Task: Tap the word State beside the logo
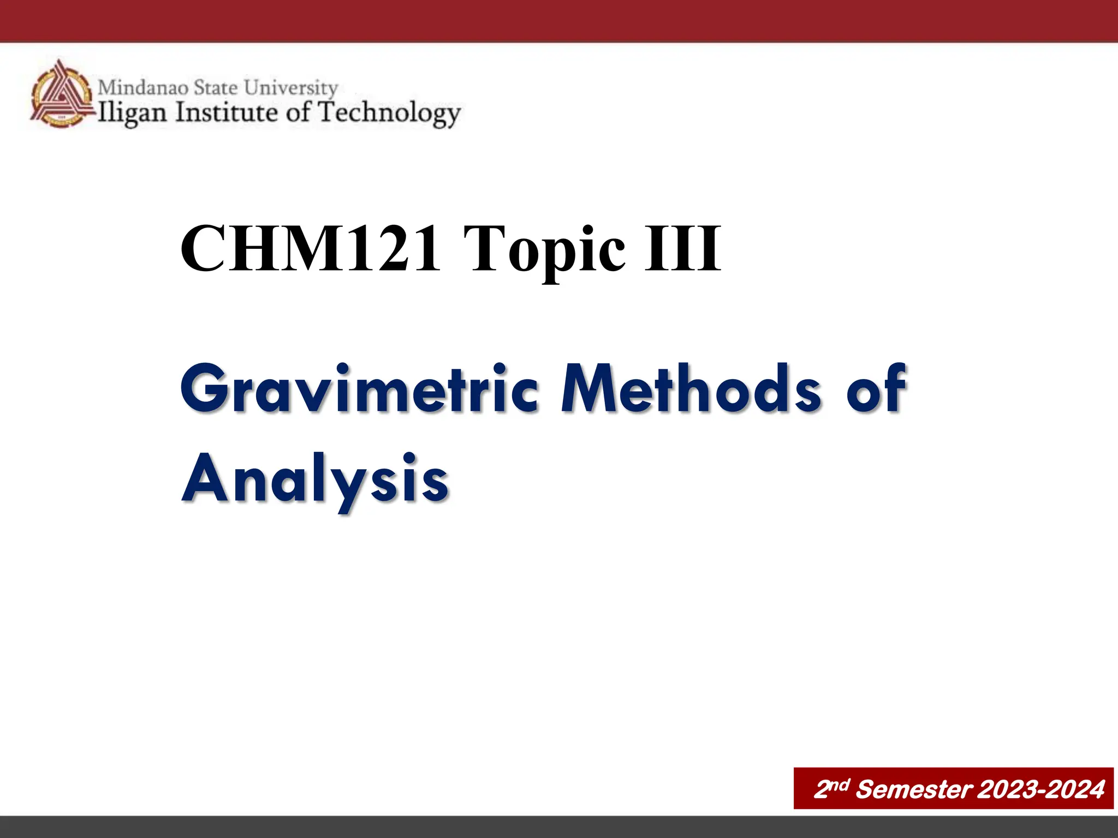[x=216, y=87]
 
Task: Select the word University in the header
[x=291, y=88]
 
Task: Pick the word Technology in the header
[x=389, y=113]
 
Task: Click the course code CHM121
[x=310, y=249]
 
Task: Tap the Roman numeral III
[x=682, y=249]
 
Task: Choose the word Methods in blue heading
[x=691, y=388]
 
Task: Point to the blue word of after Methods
[x=876, y=388]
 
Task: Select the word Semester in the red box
[x=914, y=789]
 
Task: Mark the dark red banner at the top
[x=559, y=21]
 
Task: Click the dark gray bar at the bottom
[x=559, y=827]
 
